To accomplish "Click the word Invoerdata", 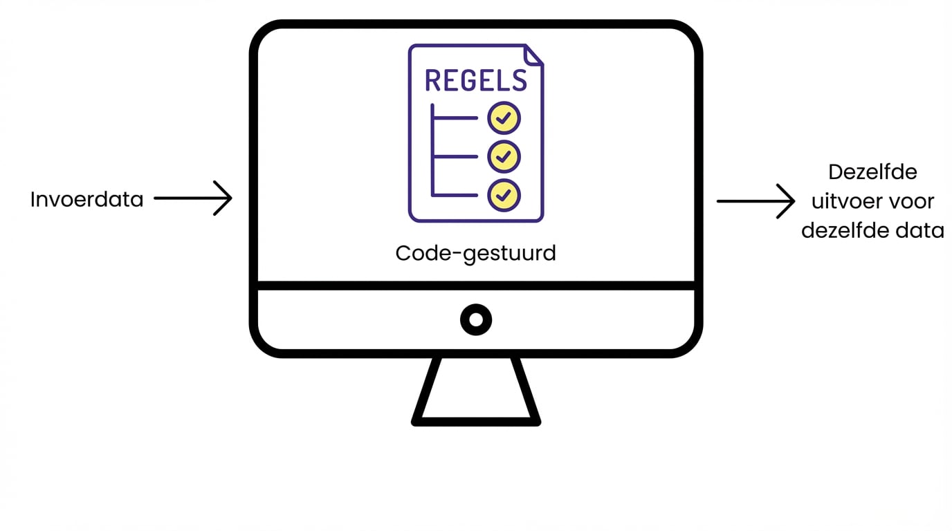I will (86, 200).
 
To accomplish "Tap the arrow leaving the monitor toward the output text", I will (756, 201).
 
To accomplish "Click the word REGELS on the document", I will (475, 80).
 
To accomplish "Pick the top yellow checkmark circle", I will (504, 118).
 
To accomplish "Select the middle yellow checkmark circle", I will (504, 157).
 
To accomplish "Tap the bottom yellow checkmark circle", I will (504, 196).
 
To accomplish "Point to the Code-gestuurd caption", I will (475, 253).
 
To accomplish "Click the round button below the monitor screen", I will (476, 319).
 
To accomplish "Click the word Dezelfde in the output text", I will (872, 171).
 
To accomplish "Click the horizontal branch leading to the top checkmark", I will (455, 118).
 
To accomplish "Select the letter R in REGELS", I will (433, 80).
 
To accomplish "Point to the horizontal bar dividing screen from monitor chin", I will (476, 286).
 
